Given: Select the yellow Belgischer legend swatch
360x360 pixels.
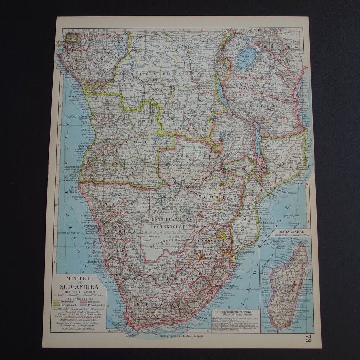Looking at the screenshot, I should [x=57, y=301].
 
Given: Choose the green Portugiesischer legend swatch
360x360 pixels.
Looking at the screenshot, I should [x=57, y=305].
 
